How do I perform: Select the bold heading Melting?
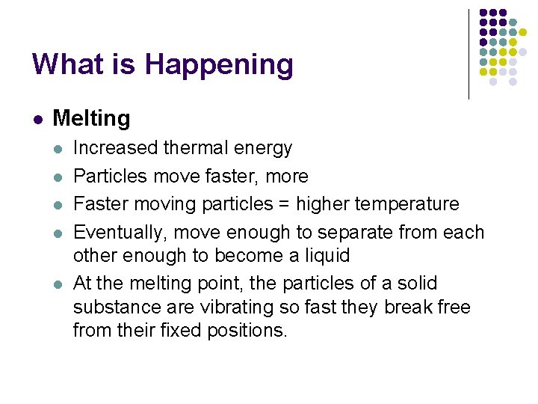pyautogui.click(x=91, y=118)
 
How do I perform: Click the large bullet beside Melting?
pyautogui.click(x=36, y=118)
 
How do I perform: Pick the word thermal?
pyautogui.click(x=208, y=148)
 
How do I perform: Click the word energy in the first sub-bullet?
pyautogui.click(x=266, y=149)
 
